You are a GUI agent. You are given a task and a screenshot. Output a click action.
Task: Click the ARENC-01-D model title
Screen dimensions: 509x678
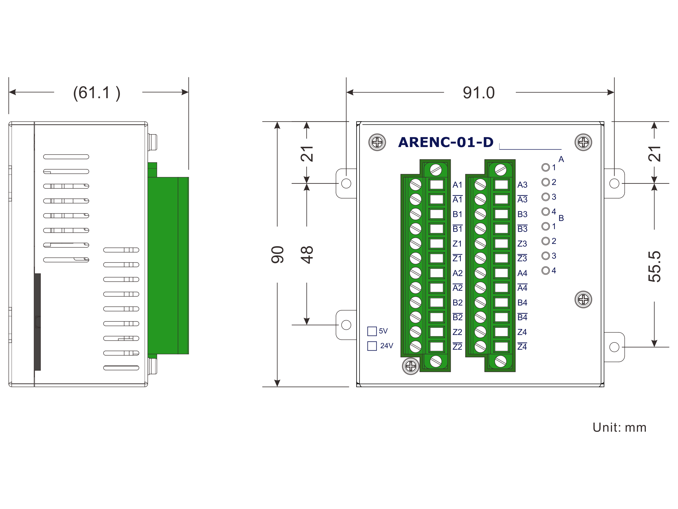point(446,142)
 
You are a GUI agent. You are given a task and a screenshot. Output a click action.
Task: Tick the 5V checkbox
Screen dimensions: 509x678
point(372,331)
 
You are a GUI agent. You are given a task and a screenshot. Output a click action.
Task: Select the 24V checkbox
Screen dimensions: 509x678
point(372,346)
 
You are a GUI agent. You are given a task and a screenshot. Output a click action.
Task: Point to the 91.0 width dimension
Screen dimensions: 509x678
point(479,93)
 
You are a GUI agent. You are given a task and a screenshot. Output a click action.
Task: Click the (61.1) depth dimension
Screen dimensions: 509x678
point(97,93)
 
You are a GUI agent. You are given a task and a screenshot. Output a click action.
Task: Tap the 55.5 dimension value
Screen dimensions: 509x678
point(654,266)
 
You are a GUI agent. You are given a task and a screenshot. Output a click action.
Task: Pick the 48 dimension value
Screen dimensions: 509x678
point(307,254)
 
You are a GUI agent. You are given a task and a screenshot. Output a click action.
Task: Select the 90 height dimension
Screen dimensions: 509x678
point(277,254)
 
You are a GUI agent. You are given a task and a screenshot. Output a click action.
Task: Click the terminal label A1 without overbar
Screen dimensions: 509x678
point(457,185)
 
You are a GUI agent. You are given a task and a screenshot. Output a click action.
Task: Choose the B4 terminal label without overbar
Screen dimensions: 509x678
point(522,303)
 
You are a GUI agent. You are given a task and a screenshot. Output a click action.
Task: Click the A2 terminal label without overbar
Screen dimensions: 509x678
point(457,273)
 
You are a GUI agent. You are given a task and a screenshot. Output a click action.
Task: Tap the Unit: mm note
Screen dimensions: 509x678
point(619,427)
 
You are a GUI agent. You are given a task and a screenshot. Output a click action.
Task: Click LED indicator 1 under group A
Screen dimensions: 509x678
point(545,167)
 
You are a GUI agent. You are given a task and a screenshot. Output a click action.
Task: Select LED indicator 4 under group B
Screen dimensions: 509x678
point(545,270)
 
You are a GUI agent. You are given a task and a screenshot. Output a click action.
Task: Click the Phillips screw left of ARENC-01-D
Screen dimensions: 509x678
point(377,142)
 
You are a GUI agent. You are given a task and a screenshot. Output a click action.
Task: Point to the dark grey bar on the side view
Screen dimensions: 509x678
point(37,322)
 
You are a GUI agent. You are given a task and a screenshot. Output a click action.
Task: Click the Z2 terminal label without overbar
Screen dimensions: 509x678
point(457,332)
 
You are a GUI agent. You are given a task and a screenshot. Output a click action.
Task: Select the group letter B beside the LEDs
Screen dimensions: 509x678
point(561,218)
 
